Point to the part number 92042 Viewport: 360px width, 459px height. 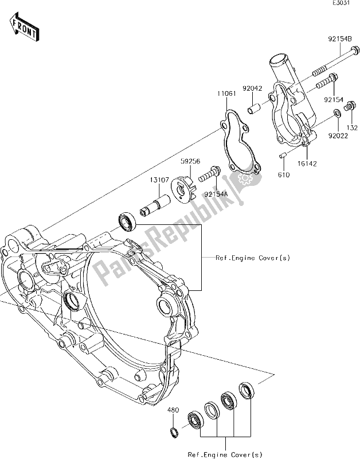tap(252, 90)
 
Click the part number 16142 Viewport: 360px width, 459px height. tap(305, 163)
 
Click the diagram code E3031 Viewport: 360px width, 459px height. tap(342, 5)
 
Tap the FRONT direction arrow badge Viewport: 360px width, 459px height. tap(24, 26)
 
